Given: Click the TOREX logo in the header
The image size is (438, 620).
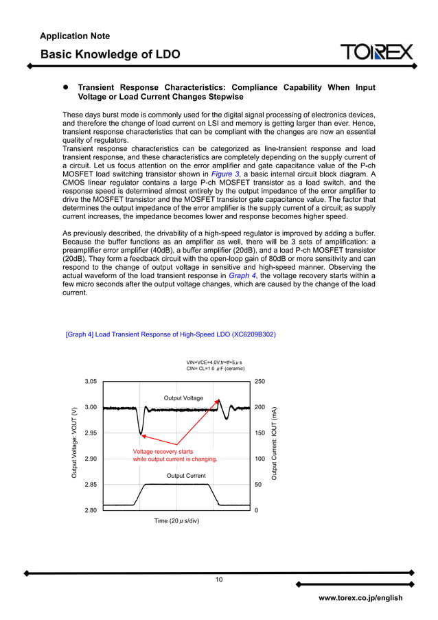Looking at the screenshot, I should [x=377, y=52].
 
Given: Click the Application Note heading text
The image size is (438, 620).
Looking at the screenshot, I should [x=75, y=36].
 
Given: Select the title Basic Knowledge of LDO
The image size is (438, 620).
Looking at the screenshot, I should [x=110, y=54].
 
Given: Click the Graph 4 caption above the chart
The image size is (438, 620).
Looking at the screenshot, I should [x=171, y=334].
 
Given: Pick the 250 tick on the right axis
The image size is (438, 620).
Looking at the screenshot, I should [x=260, y=381].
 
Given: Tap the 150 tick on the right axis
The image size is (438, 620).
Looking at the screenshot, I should [x=260, y=433].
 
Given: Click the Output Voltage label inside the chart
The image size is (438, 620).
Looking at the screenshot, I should [x=183, y=398].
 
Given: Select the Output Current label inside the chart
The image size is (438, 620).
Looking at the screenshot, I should [x=186, y=475].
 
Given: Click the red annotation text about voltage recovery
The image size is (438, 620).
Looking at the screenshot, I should [x=174, y=455].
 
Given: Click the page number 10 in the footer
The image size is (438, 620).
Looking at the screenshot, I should [x=218, y=580].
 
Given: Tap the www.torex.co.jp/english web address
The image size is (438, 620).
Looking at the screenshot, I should [x=360, y=598].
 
